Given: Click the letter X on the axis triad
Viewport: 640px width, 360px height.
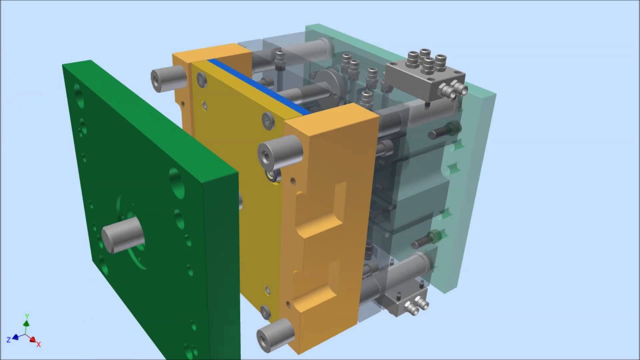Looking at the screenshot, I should coord(38,344).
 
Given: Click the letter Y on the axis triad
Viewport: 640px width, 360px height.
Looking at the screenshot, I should coord(26,316).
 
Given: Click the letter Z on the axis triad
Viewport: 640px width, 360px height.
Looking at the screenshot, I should coord(8,340).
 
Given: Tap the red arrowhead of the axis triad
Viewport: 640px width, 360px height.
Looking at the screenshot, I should coord(33,340).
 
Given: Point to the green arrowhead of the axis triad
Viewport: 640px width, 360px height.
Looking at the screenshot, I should coord(26,323).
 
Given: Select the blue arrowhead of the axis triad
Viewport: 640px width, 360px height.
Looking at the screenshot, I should coord(15,337).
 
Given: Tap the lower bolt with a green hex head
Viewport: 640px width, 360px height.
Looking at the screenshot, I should coord(427,240).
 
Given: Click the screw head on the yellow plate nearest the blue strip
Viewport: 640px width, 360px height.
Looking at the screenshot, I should coord(202,78).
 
